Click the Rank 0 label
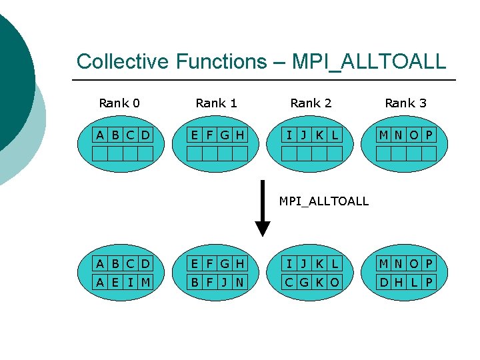(x=119, y=103)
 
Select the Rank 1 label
(x=216, y=103)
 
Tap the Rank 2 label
(x=311, y=103)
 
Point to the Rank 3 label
(x=405, y=103)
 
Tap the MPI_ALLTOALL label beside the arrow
(x=323, y=201)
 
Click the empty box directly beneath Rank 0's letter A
(x=99, y=154)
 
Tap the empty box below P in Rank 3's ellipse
(x=429, y=154)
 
